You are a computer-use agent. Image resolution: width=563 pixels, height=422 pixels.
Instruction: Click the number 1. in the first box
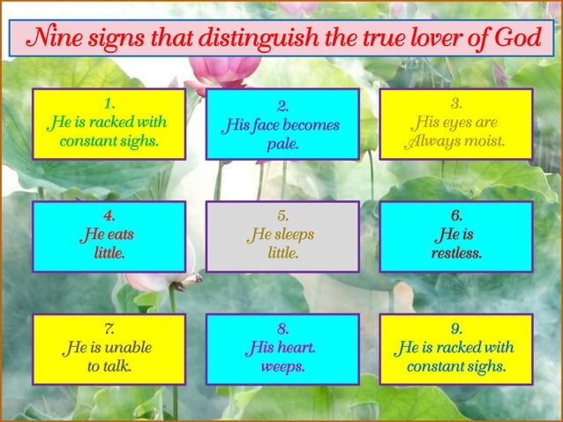coord(109,102)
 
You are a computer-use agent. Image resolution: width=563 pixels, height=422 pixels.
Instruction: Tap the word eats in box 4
coord(122,235)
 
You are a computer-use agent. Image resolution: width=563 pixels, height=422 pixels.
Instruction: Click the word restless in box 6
coord(455,253)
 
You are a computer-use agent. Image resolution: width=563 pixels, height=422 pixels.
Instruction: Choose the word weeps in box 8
coord(282,365)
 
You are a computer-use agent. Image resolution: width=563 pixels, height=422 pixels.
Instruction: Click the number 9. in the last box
coord(456,328)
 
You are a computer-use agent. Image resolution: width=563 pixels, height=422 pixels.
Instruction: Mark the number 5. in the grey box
coord(282,215)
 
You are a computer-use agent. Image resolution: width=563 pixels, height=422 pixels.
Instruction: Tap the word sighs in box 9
coord(487,365)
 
